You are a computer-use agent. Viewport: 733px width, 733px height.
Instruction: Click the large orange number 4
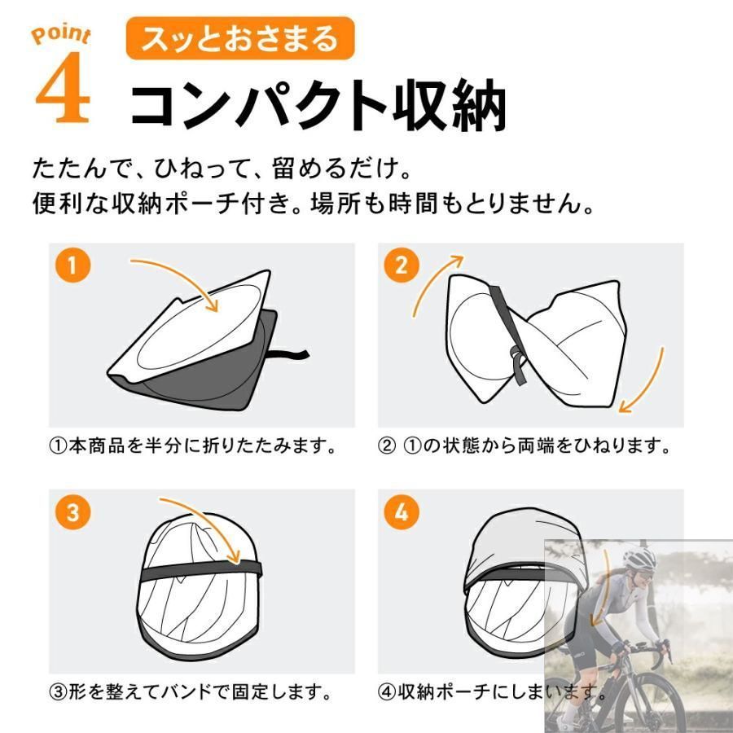coord(63,87)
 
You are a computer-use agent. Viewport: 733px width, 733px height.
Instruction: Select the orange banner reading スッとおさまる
coord(240,38)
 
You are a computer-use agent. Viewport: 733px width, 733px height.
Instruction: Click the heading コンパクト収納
coord(318,105)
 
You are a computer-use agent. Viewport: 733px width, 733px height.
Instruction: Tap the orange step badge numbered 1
coord(72,266)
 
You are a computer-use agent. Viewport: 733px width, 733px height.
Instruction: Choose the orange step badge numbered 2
coord(401,266)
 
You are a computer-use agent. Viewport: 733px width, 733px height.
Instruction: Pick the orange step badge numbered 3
coord(72,512)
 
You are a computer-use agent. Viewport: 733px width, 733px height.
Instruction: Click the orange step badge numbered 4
coord(401,512)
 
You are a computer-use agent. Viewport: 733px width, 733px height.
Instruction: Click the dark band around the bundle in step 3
coord(201,571)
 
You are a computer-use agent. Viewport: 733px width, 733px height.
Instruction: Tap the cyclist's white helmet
coord(640,558)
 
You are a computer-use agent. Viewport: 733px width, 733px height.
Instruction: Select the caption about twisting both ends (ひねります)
coord(525,446)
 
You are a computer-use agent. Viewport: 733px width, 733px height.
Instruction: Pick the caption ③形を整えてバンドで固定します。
coord(191,691)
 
